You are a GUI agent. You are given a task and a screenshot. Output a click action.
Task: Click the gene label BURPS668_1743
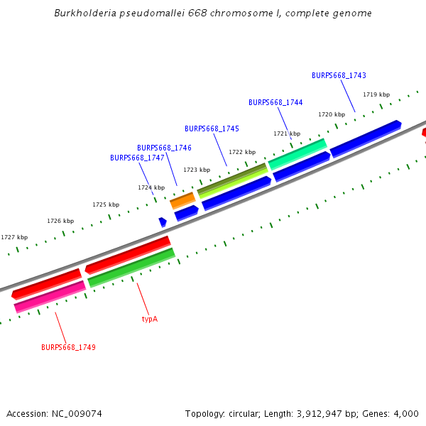(339, 75)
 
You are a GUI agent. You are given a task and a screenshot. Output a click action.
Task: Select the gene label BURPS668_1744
(275, 102)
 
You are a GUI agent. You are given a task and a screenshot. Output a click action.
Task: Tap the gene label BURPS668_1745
(212, 129)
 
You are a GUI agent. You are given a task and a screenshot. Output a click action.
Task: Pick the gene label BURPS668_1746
(164, 148)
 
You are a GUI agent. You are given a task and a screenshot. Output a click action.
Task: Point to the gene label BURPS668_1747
(137, 158)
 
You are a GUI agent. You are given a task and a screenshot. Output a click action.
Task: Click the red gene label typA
(149, 319)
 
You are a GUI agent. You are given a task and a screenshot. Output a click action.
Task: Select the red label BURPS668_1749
(68, 347)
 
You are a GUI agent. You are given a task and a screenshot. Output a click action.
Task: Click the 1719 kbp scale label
(376, 94)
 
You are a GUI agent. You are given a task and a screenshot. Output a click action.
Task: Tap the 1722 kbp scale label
(242, 152)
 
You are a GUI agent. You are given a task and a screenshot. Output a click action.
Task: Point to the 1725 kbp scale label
(106, 204)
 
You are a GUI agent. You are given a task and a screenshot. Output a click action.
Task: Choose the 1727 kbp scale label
(14, 237)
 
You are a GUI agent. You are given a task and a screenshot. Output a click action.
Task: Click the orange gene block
(182, 201)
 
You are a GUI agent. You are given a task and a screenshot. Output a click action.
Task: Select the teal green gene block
(297, 148)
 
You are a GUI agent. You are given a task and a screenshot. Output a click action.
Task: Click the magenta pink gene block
(50, 296)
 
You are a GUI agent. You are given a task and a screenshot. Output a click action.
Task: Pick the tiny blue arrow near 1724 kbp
(163, 222)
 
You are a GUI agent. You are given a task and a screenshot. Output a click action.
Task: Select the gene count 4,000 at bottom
(405, 413)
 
